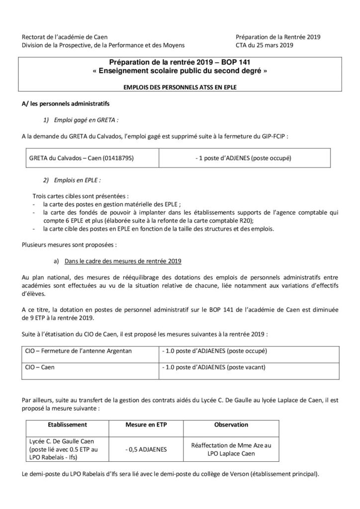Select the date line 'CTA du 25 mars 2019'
pyautogui.click(x=265, y=45)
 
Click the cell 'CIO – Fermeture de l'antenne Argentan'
pyautogui.click(x=79, y=351)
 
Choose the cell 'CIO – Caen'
pyautogui.click(x=40, y=368)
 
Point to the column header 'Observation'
pyautogui.click(x=231, y=425)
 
